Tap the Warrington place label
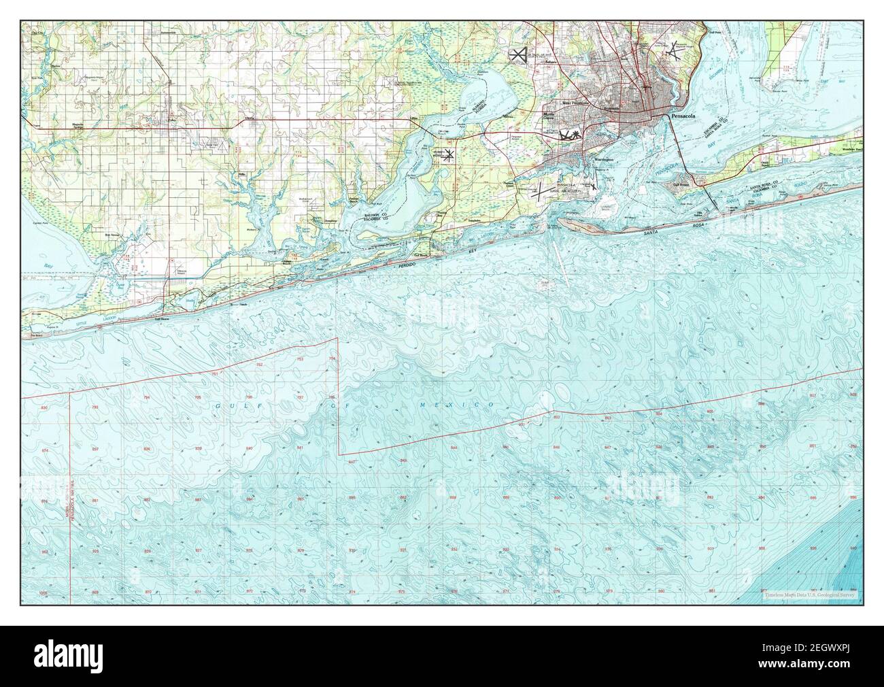coord(604,160)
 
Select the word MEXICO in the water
coord(470,405)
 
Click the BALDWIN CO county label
coord(375,215)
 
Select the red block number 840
coord(249,448)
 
